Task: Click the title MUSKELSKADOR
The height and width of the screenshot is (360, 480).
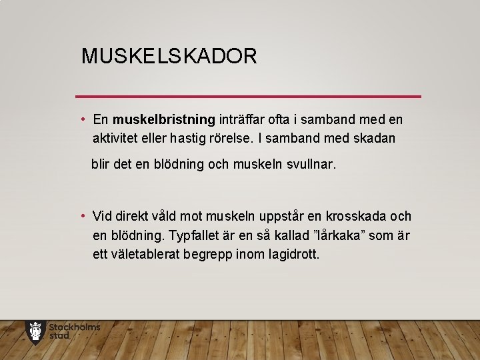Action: point(169,56)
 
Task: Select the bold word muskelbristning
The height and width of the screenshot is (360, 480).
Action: point(164,120)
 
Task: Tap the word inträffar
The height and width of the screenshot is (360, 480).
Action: point(243,120)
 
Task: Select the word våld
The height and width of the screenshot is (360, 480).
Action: point(169,217)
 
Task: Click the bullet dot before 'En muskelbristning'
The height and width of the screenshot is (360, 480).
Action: point(82,120)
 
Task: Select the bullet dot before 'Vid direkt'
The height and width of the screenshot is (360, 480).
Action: point(82,217)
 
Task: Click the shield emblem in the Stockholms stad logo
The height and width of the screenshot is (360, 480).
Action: point(35,331)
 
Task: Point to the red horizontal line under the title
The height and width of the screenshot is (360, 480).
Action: point(248,97)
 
